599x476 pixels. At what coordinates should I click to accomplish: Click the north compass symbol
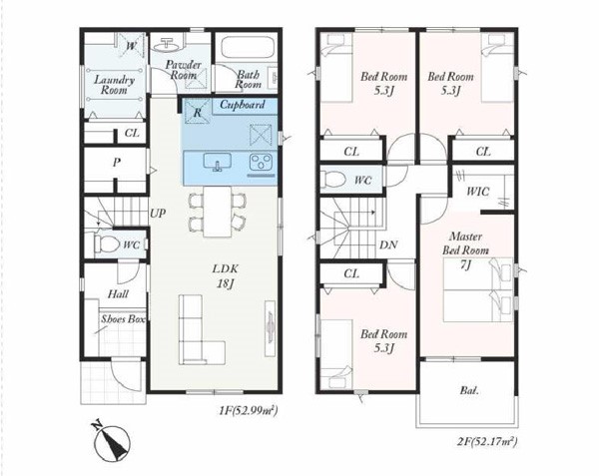(111, 442)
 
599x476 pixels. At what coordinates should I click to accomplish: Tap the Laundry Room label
(114, 85)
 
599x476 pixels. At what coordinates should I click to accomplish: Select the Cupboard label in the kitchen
(243, 105)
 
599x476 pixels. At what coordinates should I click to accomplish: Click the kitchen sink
(217, 162)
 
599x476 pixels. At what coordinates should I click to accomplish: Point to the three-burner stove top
(261, 162)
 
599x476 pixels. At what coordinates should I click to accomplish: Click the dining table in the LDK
(217, 212)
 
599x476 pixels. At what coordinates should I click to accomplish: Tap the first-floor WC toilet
(107, 243)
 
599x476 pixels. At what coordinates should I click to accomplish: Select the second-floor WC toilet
(333, 180)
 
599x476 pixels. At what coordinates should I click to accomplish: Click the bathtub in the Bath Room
(249, 49)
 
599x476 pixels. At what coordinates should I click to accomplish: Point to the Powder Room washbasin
(166, 45)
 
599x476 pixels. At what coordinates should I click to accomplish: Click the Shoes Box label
(123, 319)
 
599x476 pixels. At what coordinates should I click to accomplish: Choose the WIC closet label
(477, 191)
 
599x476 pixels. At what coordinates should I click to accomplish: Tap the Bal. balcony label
(469, 390)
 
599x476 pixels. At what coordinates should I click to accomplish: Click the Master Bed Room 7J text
(465, 250)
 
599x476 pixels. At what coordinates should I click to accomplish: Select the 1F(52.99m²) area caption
(248, 411)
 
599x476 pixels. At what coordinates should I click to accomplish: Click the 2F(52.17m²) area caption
(487, 442)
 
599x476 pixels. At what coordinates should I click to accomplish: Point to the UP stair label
(158, 214)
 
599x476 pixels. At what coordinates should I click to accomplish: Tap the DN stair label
(388, 244)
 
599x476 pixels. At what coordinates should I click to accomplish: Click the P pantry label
(117, 163)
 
